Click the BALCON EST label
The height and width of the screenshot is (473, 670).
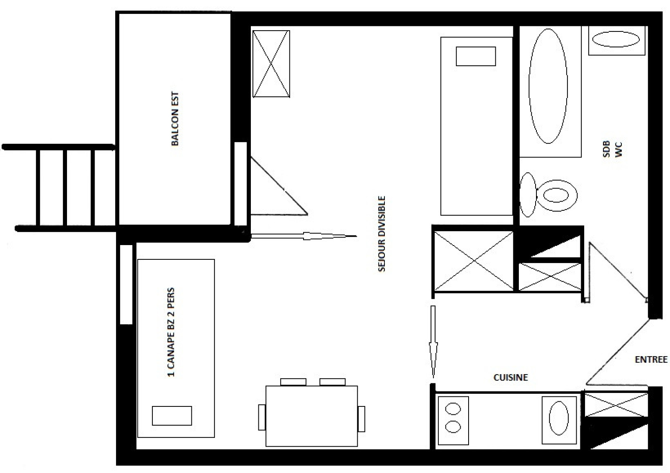(175, 119)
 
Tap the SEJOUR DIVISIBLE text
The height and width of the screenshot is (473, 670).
(381, 234)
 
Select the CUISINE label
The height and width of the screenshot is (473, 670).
(510, 377)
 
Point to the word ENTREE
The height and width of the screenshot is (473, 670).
(651, 359)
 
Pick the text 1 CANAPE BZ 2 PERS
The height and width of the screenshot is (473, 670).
(171, 332)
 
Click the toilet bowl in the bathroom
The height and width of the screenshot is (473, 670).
(557, 195)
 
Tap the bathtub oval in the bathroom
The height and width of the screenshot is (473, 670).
(548, 86)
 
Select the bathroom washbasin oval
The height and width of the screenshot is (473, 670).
(616, 39)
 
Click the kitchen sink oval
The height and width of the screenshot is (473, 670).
(559, 418)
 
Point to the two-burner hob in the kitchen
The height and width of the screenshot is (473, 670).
(453, 420)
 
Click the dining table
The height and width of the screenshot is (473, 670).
(312, 416)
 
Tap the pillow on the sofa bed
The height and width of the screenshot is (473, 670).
(172, 416)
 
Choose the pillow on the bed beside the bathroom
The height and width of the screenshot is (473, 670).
(476, 56)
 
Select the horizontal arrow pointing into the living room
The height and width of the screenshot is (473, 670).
(304, 236)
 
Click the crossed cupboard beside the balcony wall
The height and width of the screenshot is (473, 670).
(271, 64)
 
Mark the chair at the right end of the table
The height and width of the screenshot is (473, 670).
(361, 419)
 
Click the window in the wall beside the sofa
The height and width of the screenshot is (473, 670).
(126, 284)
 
